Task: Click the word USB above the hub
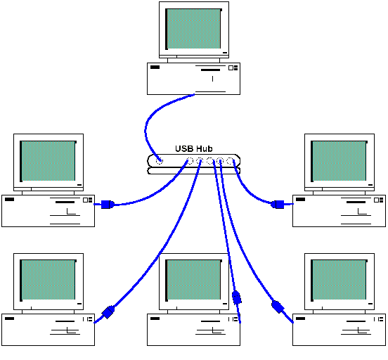pyautogui.click(x=184, y=149)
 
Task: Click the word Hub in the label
pyautogui.click(x=203, y=149)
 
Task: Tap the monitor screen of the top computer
pyautogui.click(x=193, y=29)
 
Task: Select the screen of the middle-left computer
pyautogui.click(x=48, y=161)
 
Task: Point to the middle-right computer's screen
pyautogui.click(x=339, y=161)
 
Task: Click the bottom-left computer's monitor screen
pyautogui.click(x=48, y=280)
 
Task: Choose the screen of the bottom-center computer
pyautogui.click(x=193, y=280)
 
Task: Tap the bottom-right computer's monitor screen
pyautogui.click(x=339, y=280)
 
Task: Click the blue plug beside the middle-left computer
pyautogui.click(x=108, y=205)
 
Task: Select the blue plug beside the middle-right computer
pyautogui.click(x=278, y=205)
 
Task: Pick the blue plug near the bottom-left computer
pyautogui.click(x=108, y=312)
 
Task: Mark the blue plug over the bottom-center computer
pyautogui.click(x=237, y=297)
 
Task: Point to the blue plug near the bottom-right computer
pyautogui.click(x=278, y=307)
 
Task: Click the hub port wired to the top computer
pyautogui.click(x=160, y=161)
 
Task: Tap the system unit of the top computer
pyautogui.click(x=193, y=79)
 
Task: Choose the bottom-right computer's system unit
pyautogui.click(x=339, y=330)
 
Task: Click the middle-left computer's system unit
pyautogui.click(x=48, y=211)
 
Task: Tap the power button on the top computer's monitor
pyautogui.click(x=225, y=53)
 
